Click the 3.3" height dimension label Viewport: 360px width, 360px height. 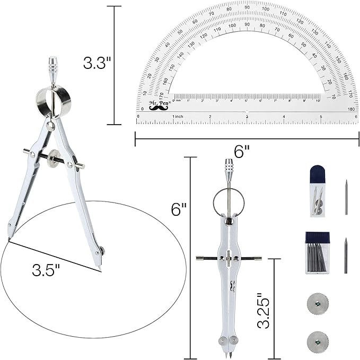point(96,64)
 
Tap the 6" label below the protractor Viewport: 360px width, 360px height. point(242,152)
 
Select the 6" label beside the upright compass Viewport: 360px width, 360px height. point(179,209)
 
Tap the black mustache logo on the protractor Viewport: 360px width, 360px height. point(158,108)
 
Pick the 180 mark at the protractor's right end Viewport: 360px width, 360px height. point(350,109)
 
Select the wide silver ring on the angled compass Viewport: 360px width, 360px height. point(52,101)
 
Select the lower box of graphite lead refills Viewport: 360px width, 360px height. point(317,252)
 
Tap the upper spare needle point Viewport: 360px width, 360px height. point(346,197)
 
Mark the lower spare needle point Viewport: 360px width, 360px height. point(346,255)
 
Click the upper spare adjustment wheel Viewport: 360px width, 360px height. point(318,304)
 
